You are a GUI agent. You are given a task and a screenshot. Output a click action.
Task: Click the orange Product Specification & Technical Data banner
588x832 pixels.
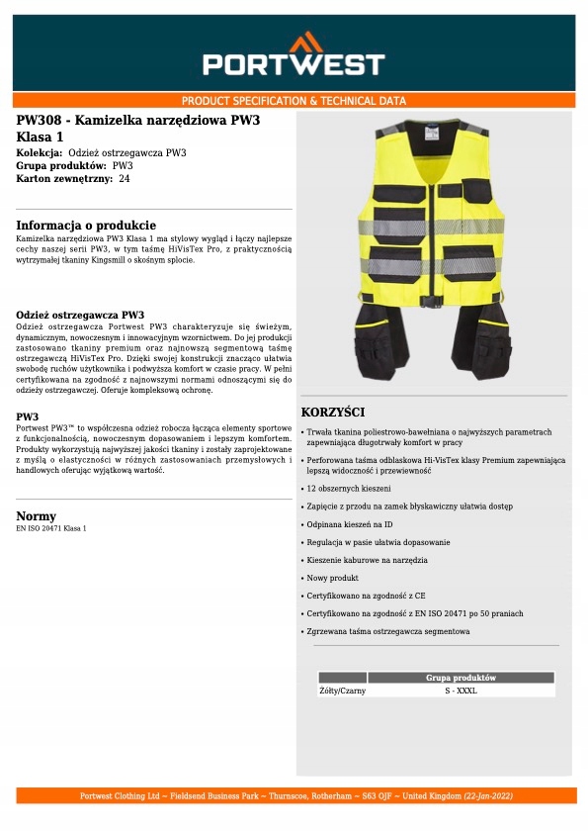click(294, 101)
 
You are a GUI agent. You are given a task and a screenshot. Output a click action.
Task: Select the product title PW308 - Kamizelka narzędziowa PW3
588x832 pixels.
click(138, 121)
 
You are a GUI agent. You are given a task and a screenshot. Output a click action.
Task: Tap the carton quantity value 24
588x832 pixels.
click(124, 179)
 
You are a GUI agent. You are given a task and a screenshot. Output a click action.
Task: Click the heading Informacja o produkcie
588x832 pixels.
click(86, 226)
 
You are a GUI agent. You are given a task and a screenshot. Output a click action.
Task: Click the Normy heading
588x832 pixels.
click(37, 516)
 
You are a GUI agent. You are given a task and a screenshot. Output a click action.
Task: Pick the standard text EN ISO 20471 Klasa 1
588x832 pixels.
click(51, 528)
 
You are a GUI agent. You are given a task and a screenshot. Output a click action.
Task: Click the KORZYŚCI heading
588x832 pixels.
click(333, 412)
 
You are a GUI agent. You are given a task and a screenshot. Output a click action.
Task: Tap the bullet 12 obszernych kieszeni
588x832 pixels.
click(349, 489)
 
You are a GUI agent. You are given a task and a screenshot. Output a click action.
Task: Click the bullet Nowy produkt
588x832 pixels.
click(333, 578)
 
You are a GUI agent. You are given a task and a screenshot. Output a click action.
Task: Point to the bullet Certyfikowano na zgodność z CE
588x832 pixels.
click(366, 596)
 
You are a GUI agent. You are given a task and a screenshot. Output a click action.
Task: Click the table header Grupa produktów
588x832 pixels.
click(461, 678)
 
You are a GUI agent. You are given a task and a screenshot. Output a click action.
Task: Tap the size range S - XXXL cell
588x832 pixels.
click(461, 691)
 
